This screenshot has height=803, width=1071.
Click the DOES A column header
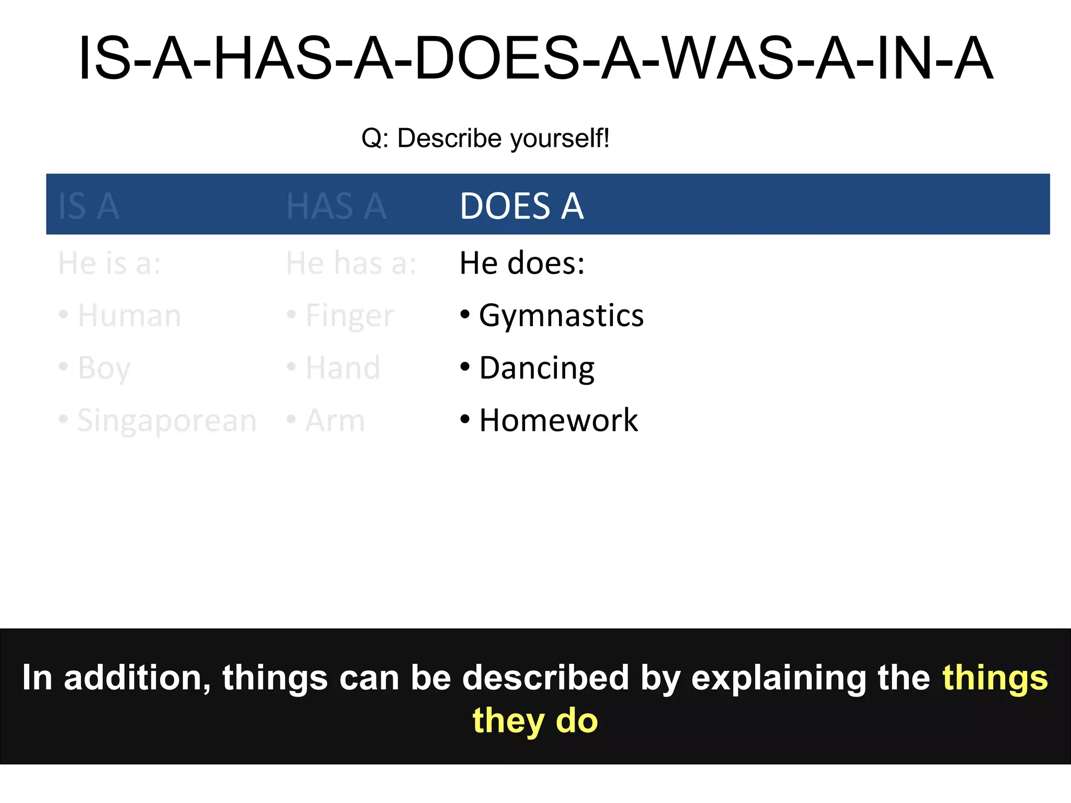521,205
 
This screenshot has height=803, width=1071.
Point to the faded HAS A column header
336,206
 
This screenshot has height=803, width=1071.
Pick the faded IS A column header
89,206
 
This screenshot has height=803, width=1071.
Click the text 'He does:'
522,263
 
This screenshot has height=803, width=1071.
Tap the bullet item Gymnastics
561,316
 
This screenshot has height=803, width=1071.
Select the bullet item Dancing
537,368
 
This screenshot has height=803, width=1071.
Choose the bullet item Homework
559,420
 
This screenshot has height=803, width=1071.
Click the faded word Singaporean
167,421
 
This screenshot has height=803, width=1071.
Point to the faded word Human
129,316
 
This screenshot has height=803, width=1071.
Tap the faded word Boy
104,369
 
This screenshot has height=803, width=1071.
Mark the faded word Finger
349,316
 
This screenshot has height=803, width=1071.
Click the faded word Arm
335,420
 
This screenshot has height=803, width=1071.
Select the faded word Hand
343,368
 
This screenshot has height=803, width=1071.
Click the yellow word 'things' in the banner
995,679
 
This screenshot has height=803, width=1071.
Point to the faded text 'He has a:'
351,263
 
